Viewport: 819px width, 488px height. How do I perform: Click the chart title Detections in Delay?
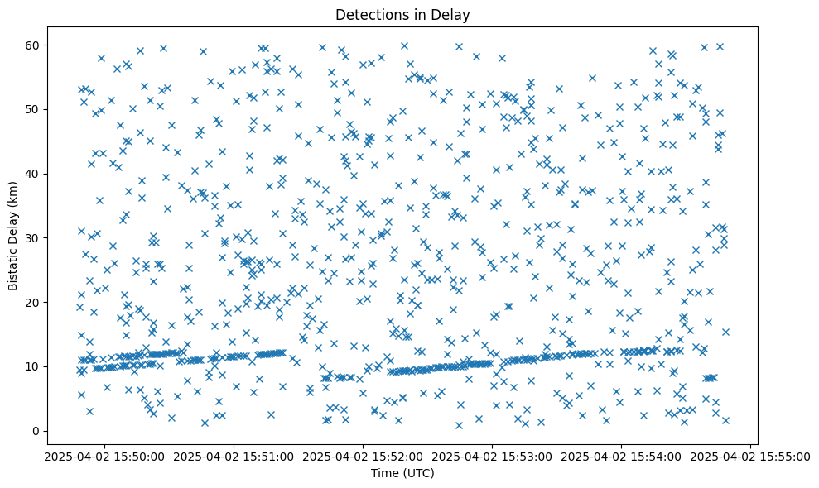coord(402,15)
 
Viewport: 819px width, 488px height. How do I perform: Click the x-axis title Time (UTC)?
coord(402,473)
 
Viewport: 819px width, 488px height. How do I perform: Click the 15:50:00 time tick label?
coord(104,456)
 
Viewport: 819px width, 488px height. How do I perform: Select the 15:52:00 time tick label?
coord(363,456)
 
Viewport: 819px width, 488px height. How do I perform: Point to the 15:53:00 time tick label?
coord(492,456)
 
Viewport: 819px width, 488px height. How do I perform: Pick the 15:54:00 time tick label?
coord(622,456)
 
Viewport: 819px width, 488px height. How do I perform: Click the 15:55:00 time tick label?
coord(751,456)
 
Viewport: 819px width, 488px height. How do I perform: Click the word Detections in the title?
coord(370,15)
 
